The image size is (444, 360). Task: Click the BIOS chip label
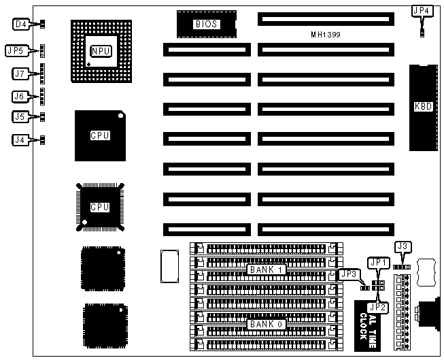206,24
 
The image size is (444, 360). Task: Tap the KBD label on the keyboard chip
422,106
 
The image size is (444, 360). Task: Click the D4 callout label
21,24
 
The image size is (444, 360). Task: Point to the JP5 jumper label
16,50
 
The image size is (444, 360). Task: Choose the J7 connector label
20,73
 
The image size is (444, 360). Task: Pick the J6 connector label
20,96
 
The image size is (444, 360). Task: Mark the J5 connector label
20,117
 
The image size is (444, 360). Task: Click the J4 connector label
20,141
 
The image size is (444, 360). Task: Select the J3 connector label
402,246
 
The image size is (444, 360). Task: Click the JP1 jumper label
376,262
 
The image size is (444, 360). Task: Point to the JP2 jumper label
378,307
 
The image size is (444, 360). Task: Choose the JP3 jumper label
349,274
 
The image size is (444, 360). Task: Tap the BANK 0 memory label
264,324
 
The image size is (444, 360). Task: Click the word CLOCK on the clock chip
364,327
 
